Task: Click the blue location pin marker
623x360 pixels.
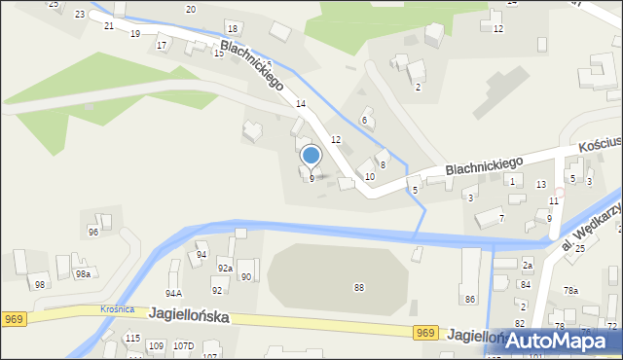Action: point(311,157)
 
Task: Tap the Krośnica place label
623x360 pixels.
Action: point(118,309)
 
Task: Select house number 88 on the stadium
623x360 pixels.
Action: point(359,287)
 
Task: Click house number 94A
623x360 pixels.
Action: point(173,293)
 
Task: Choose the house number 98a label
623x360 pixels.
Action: point(84,275)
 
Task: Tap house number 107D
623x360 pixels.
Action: point(183,346)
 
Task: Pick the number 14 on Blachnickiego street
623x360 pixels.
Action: point(302,104)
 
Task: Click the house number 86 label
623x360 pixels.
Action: point(470,299)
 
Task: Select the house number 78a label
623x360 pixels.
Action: point(570,291)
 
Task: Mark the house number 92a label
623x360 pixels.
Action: point(225,268)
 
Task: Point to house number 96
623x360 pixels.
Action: point(93,233)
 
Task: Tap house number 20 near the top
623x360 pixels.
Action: point(191,9)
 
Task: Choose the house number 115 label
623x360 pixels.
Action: point(132,338)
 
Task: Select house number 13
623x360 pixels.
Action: point(541,184)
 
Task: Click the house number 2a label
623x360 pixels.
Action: point(528,265)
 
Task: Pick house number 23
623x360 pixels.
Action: point(79,15)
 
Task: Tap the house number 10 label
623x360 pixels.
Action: point(370,177)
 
